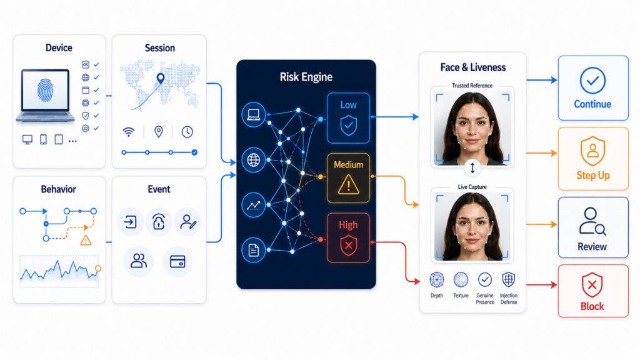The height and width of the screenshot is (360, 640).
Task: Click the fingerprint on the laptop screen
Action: tap(45, 90)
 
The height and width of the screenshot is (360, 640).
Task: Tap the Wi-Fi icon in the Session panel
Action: tap(129, 132)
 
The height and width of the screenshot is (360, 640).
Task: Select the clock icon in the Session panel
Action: tap(187, 132)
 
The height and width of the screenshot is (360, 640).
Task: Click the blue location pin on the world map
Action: tap(161, 78)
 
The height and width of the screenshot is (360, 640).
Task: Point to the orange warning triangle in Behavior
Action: tap(86, 241)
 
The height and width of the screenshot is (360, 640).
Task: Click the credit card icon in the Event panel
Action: tap(177, 261)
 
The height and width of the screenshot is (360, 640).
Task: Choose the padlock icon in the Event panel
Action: tap(158, 222)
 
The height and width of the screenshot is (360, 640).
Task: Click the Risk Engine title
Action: tap(306, 77)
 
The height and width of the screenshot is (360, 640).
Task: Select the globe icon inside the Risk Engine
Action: tap(254, 160)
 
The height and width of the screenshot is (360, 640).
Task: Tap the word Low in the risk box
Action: tap(349, 105)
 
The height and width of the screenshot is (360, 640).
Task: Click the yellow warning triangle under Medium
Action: tap(349, 184)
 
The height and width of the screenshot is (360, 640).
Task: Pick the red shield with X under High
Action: tap(349, 245)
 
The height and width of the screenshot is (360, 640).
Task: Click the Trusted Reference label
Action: tap(472, 86)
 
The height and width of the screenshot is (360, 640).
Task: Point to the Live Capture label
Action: tap(472, 187)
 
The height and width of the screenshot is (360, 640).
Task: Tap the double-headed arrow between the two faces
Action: tap(472, 167)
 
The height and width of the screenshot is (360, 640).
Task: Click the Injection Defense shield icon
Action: tap(509, 279)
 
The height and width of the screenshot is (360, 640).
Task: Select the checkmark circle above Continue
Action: tap(592, 81)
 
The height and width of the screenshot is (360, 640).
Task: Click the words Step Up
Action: tap(593, 176)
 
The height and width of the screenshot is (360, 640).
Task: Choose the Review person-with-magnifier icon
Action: tap(592, 222)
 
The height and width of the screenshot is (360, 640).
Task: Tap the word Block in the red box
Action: tap(592, 306)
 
